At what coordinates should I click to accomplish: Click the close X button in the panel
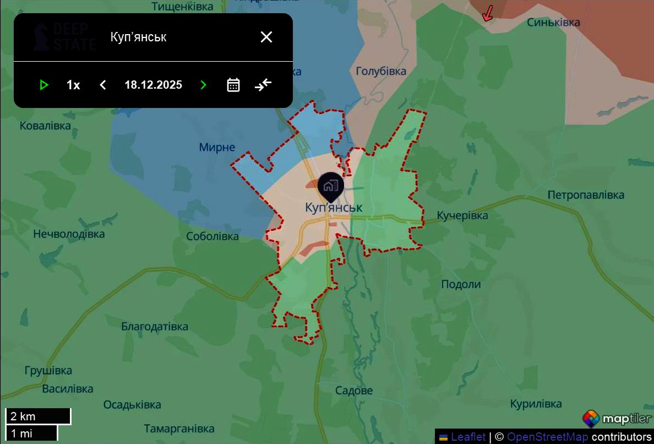pyautogui.click(x=266, y=37)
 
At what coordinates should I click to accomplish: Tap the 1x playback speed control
pyautogui.click(x=73, y=85)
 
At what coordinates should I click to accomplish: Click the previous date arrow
pyautogui.click(x=103, y=85)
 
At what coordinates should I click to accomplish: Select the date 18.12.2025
pyautogui.click(x=153, y=85)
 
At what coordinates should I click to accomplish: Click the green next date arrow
pyautogui.click(x=203, y=85)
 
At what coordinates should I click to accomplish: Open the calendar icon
pyautogui.click(x=233, y=85)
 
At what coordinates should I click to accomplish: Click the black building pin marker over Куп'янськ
pyautogui.click(x=330, y=186)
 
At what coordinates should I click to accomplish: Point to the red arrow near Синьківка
pyautogui.click(x=487, y=14)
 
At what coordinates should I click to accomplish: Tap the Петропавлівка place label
pyautogui.click(x=586, y=195)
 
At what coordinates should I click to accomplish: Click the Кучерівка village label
pyautogui.click(x=462, y=215)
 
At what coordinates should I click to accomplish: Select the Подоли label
pyautogui.click(x=461, y=284)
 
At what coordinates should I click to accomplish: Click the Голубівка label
pyautogui.click(x=381, y=71)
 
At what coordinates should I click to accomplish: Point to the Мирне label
pyautogui.click(x=217, y=147)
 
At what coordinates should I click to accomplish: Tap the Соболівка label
pyautogui.click(x=212, y=236)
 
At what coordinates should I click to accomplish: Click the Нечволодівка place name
pyautogui.click(x=69, y=234)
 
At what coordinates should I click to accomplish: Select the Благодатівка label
pyautogui.click(x=155, y=326)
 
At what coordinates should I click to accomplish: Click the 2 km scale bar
pyautogui.click(x=38, y=416)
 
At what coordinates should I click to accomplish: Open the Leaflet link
pyautogui.click(x=468, y=437)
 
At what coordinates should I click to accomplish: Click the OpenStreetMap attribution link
pyautogui.click(x=547, y=437)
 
